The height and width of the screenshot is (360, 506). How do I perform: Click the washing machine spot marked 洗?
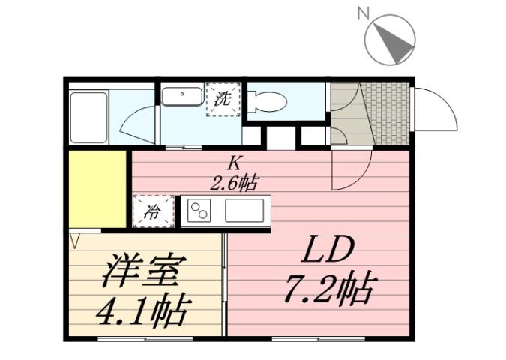(222, 98)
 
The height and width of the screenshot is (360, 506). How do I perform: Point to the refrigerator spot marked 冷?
(152, 211)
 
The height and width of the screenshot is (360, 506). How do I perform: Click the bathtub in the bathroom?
(88, 117)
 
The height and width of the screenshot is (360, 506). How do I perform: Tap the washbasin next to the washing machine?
(183, 98)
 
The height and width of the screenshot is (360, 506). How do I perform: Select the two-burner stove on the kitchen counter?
(200, 210)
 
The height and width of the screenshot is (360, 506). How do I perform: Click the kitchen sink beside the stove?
(244, 210)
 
